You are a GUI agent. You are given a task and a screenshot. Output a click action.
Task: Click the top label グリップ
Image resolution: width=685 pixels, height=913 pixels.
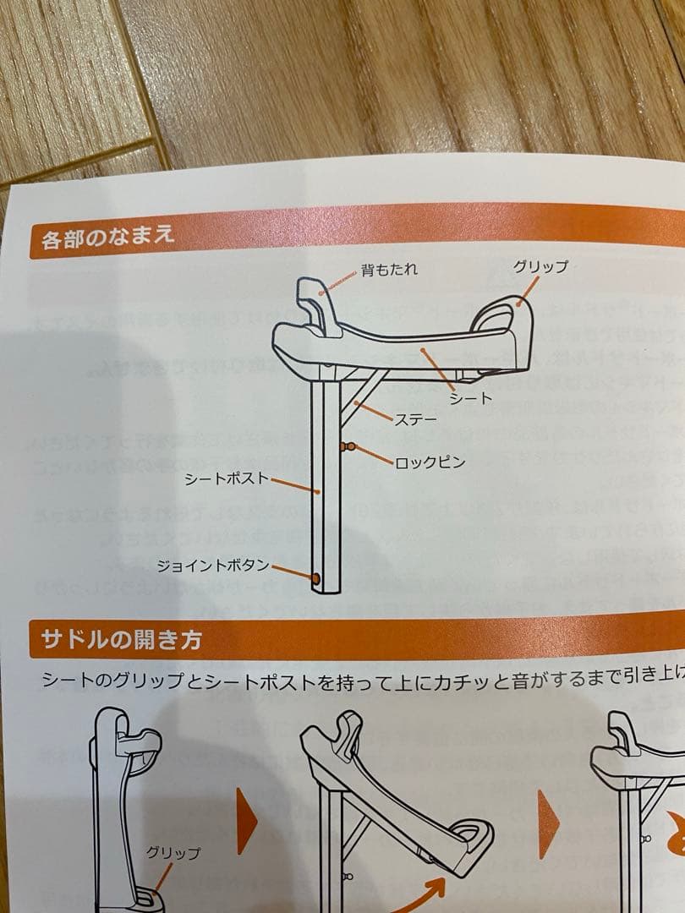540,267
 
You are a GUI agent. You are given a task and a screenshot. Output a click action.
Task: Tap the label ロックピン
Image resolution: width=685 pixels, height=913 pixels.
430,462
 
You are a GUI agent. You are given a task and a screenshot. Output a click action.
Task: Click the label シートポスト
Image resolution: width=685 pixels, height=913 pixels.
227,478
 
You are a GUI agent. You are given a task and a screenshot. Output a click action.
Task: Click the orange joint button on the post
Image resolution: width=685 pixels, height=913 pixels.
315,578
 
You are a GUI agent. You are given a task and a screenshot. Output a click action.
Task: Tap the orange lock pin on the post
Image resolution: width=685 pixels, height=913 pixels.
347,446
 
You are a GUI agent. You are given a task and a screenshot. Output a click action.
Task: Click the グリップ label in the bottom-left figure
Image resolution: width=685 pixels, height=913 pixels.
173,853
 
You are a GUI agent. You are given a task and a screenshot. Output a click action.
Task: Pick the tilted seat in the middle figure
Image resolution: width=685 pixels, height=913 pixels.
397,803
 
